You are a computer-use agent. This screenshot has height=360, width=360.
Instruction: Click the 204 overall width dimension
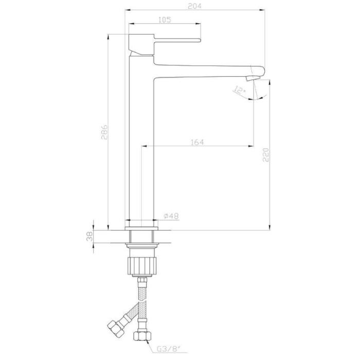194,6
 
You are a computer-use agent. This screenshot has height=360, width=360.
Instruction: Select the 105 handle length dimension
165,20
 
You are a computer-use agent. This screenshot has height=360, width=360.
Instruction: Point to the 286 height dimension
104,132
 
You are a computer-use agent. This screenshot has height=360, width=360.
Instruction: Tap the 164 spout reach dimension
197,142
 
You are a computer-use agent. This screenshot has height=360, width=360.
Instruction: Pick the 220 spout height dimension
266,155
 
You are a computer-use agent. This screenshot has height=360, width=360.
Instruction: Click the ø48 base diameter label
171,216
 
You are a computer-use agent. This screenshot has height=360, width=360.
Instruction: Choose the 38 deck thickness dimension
89,237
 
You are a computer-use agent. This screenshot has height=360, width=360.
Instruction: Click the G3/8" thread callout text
169,349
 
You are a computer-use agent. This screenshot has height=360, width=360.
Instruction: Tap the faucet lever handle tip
200,40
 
